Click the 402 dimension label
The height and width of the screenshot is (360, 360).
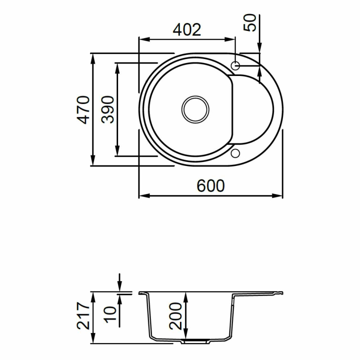coord(187,30)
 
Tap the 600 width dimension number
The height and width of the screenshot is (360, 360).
coord(211,186)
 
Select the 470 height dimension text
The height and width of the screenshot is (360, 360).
coord(83,110)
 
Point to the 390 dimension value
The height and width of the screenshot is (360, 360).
coord(108,110)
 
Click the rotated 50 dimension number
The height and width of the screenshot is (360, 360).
coord(250,23)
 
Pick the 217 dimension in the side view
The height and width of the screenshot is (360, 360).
coord(83,316)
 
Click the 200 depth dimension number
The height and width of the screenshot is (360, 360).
coord(175,316)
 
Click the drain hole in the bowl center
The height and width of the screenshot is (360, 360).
coord(195,110)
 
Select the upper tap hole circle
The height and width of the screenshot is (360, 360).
coord(235,66)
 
